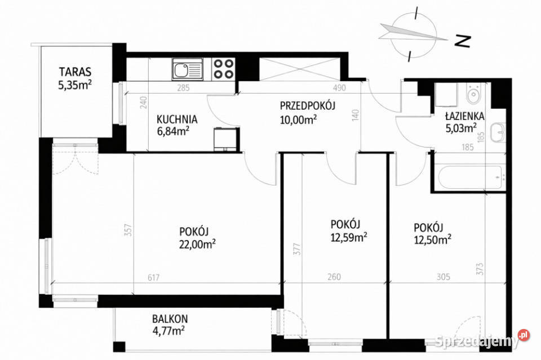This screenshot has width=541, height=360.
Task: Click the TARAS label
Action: point(75,72)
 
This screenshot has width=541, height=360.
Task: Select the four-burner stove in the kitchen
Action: point(223,70)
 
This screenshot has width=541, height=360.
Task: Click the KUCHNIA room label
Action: point(176,119)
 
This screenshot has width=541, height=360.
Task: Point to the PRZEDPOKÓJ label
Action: point(308,106)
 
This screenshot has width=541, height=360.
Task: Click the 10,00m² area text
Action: point(298,119)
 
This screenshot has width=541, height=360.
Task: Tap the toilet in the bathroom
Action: point(472,93)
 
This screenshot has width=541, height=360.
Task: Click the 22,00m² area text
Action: point(198,244)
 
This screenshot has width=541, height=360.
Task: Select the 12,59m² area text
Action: point(349,236)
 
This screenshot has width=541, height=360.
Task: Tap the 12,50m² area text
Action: point(432,240)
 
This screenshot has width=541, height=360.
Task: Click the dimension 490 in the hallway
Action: point(338,88)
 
